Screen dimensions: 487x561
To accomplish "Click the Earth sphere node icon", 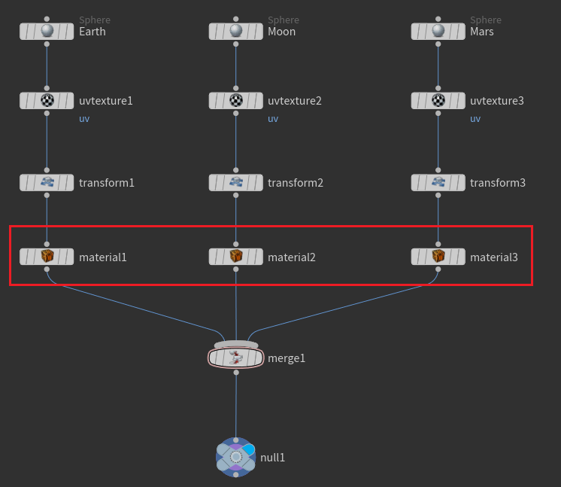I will [x=47, y=32].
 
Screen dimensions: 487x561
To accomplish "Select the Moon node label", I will [x=281, y=32].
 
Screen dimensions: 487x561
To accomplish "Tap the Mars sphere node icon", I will [x=438, y=32].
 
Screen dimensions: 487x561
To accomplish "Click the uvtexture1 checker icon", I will [x=47, y=100].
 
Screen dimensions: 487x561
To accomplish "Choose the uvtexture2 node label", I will [x=294, y=100].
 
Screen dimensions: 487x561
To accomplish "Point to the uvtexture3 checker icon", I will [x=438, y=100].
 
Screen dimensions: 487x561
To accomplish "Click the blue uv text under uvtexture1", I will [x=84, y=119].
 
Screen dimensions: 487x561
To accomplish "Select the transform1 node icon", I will [x=47, y=182].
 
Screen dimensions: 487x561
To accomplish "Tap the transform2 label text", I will [x=295, y=182].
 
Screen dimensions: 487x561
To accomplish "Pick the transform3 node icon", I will [x=438, y=182].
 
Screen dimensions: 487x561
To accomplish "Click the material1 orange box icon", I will [x=47, y=257].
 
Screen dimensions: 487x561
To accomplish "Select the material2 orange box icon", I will [x=236, y=257].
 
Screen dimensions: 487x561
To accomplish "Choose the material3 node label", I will [x=493, y=257].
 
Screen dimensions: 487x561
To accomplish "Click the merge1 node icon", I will [x=236, y=358].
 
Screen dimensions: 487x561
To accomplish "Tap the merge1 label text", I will [x=287, y=358].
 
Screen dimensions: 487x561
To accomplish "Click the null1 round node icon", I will [x=236, y=457].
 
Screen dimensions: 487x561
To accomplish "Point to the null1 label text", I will [x=272, y=458].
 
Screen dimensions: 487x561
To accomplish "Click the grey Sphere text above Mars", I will [x=486, y=20].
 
